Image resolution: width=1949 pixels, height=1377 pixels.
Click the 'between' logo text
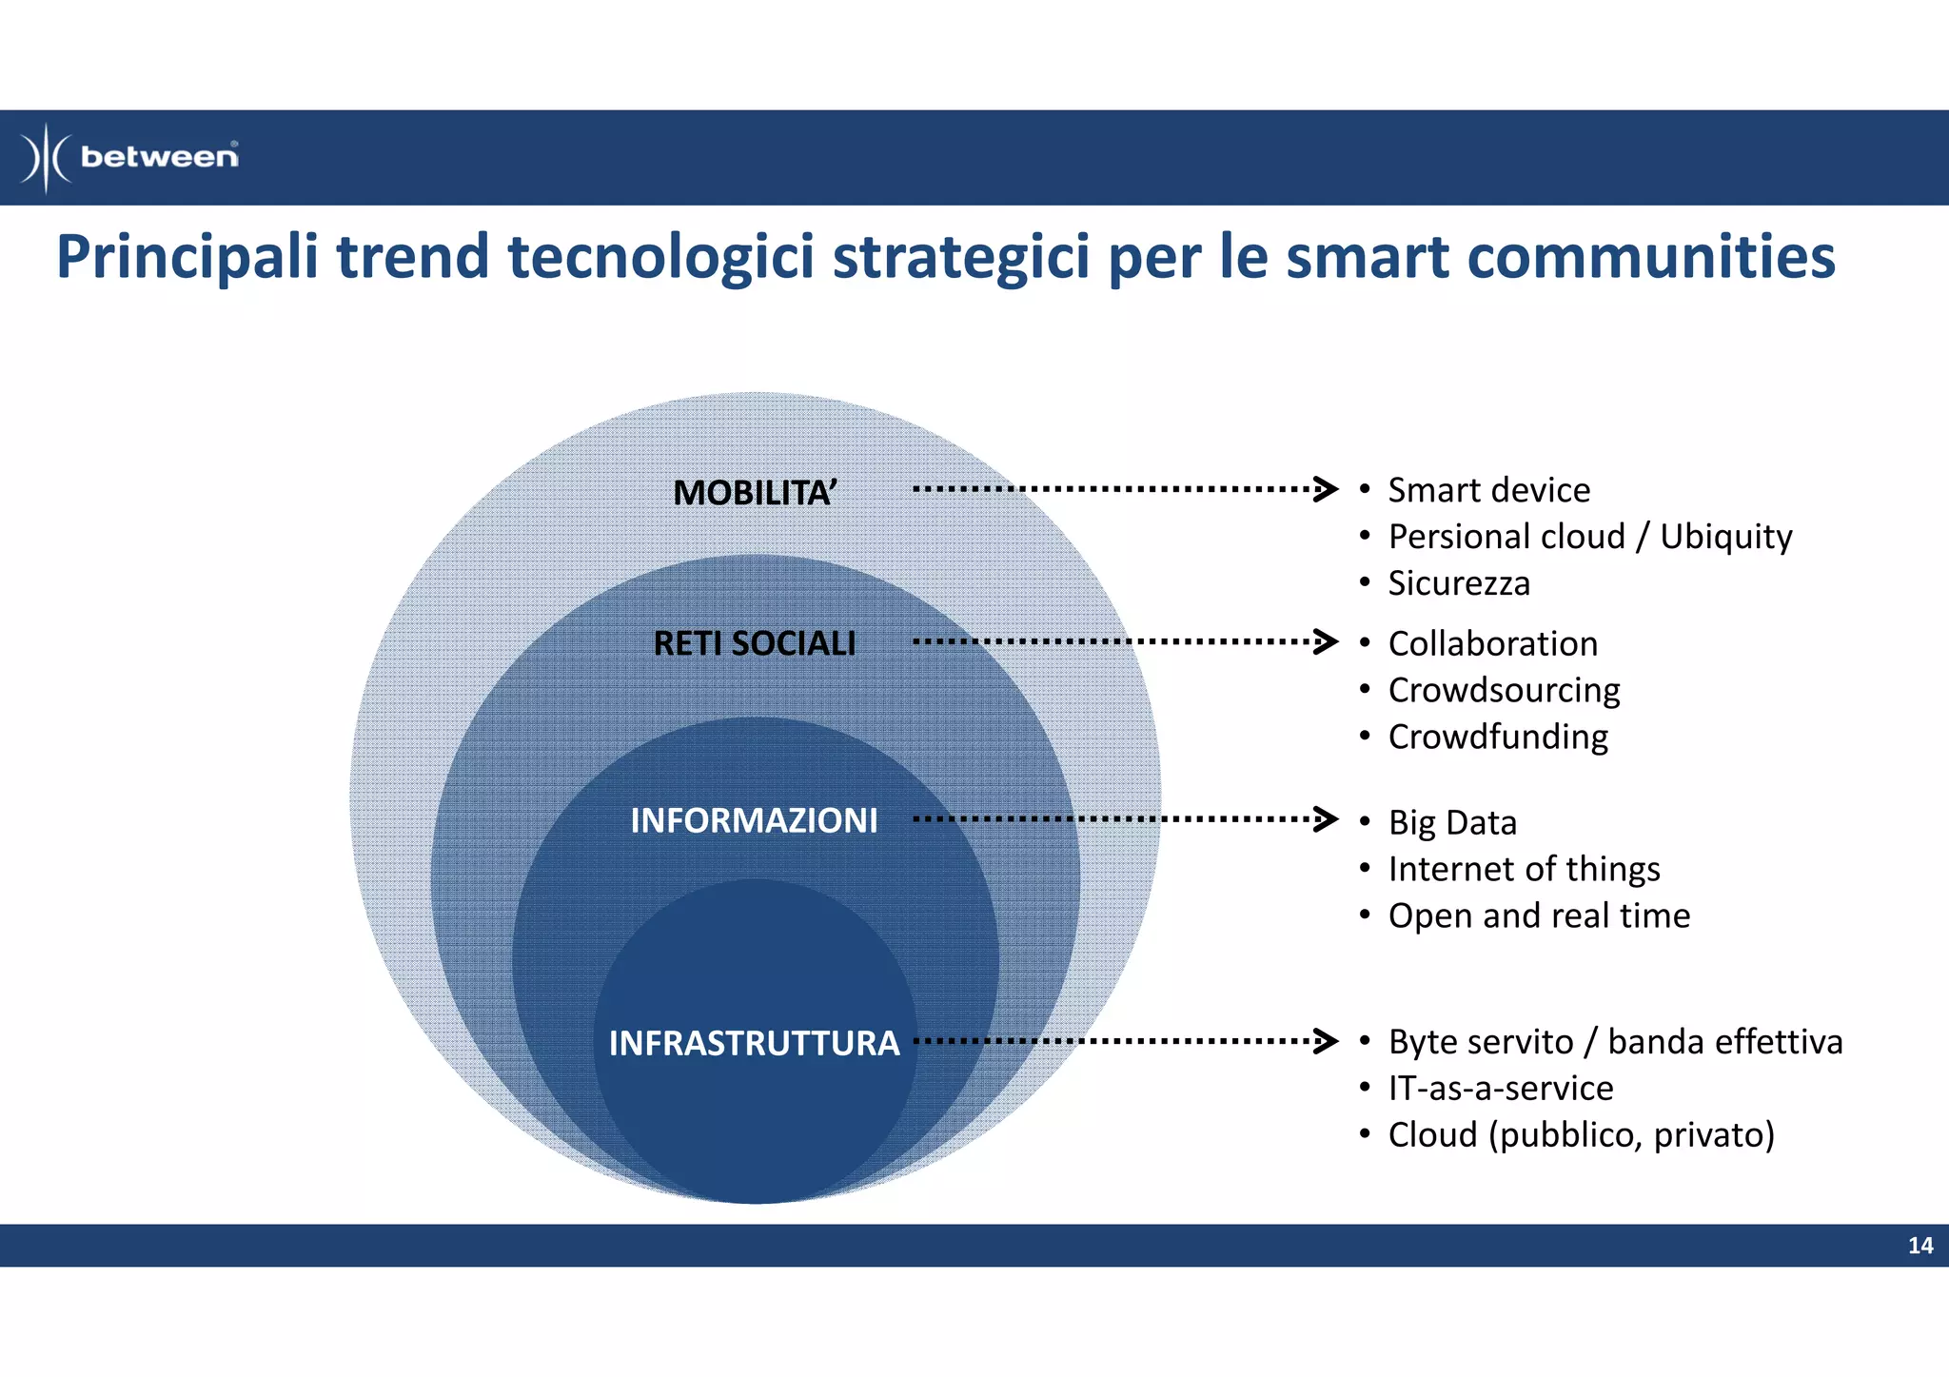click(x=159, y=156)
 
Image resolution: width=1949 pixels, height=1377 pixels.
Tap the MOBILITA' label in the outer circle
click(x=755, y=493)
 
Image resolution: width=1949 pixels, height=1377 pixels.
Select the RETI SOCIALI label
click(x=755, y=643)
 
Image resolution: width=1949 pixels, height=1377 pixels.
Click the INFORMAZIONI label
click(x=754, y=820)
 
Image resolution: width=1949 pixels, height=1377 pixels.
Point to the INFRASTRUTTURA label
click(x=754, y=1043)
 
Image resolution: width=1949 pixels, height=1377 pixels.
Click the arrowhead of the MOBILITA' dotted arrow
click(x=1326, y=489)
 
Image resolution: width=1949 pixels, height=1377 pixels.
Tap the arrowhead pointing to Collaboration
click(x=1326, y=641)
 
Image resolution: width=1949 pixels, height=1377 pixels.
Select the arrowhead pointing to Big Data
click(x=1326, y=818)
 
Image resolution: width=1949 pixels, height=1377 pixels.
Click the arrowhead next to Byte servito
click(x=1326, y=1041)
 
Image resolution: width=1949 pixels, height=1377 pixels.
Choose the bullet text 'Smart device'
click(x=1488, y=490)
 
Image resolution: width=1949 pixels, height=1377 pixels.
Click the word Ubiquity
click(x=1725, y=538)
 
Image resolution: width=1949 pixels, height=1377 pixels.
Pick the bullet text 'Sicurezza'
click(x=1459, y=583)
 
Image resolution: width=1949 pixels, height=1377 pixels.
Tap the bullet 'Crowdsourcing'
click(x=1504, y=691)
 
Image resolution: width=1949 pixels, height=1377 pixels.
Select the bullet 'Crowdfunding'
click(x=1498, y=738)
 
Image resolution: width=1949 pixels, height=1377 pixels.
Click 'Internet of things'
click(x=1524, y=869)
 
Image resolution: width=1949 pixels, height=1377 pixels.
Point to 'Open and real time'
click(x=1539, y=915)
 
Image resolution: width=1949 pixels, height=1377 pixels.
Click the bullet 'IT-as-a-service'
click(x=1501, y=1088)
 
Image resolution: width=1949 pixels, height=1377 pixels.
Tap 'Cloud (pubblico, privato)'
click(x=1581, y=1134)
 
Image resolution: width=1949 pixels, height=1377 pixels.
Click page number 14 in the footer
click(x=1920, y=1246)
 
